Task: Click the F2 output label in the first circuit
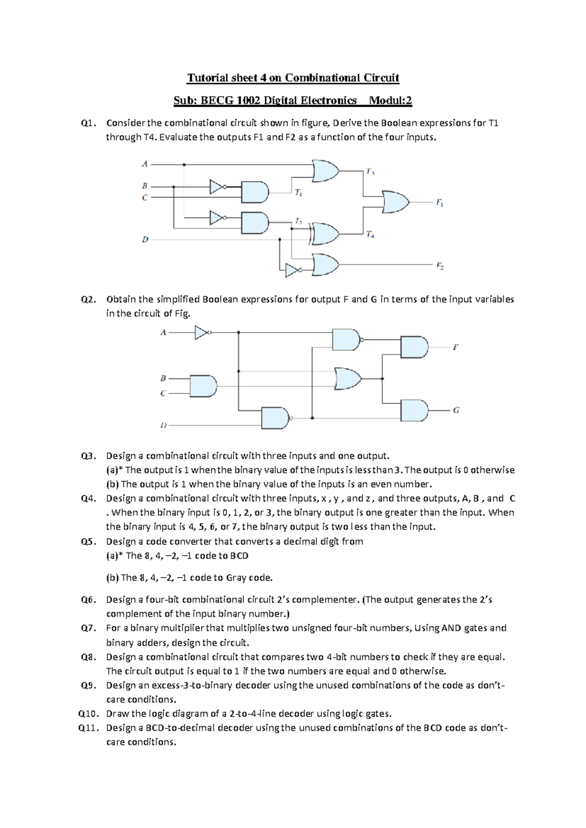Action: click(x=439, y=266)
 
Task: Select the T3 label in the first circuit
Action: click(x=370, y=171)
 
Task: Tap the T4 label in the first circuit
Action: click(x=370, y=235)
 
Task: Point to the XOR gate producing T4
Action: click(x=325, y=234)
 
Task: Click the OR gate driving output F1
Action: click(x=396, y=202)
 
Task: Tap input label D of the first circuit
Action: click(x=145, y=240)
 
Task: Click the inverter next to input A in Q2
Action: click(x=202, y=333)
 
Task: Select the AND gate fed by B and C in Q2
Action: click(x=203, y=386)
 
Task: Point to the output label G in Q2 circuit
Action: click(x=456, y=411)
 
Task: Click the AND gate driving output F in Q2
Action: click(x=414, y=347)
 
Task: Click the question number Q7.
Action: click(x=88, y=628)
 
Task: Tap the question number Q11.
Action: click(x=88, y=728)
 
